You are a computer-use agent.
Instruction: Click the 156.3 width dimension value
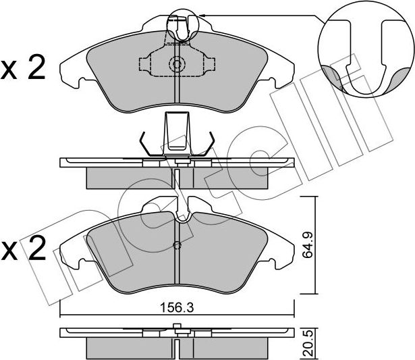click(177, 308)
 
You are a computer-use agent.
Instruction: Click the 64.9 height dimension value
click(308, 245)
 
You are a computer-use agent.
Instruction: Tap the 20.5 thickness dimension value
click(308, 343)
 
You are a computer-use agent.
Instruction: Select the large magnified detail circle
click(366, 49)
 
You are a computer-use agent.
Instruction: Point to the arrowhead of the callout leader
click(200, 16)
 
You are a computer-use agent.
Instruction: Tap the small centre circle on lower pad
click(177, 245)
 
